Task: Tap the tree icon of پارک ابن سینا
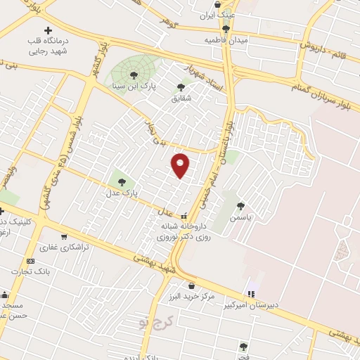pyautogui.click(x=134, y=75)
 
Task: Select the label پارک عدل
pyautogui.click(x=122, y=191)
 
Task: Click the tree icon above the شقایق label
pyautogui.click(x=181, y=87)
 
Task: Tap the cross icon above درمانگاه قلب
pyautogui.click(x=48, y=30)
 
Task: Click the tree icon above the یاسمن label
pyautogui.click(x=241, y=206)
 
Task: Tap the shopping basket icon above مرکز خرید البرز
pyautogui.click(x=192, y=285)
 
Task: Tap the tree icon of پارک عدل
pyautogui.click(x=122, y=181)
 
